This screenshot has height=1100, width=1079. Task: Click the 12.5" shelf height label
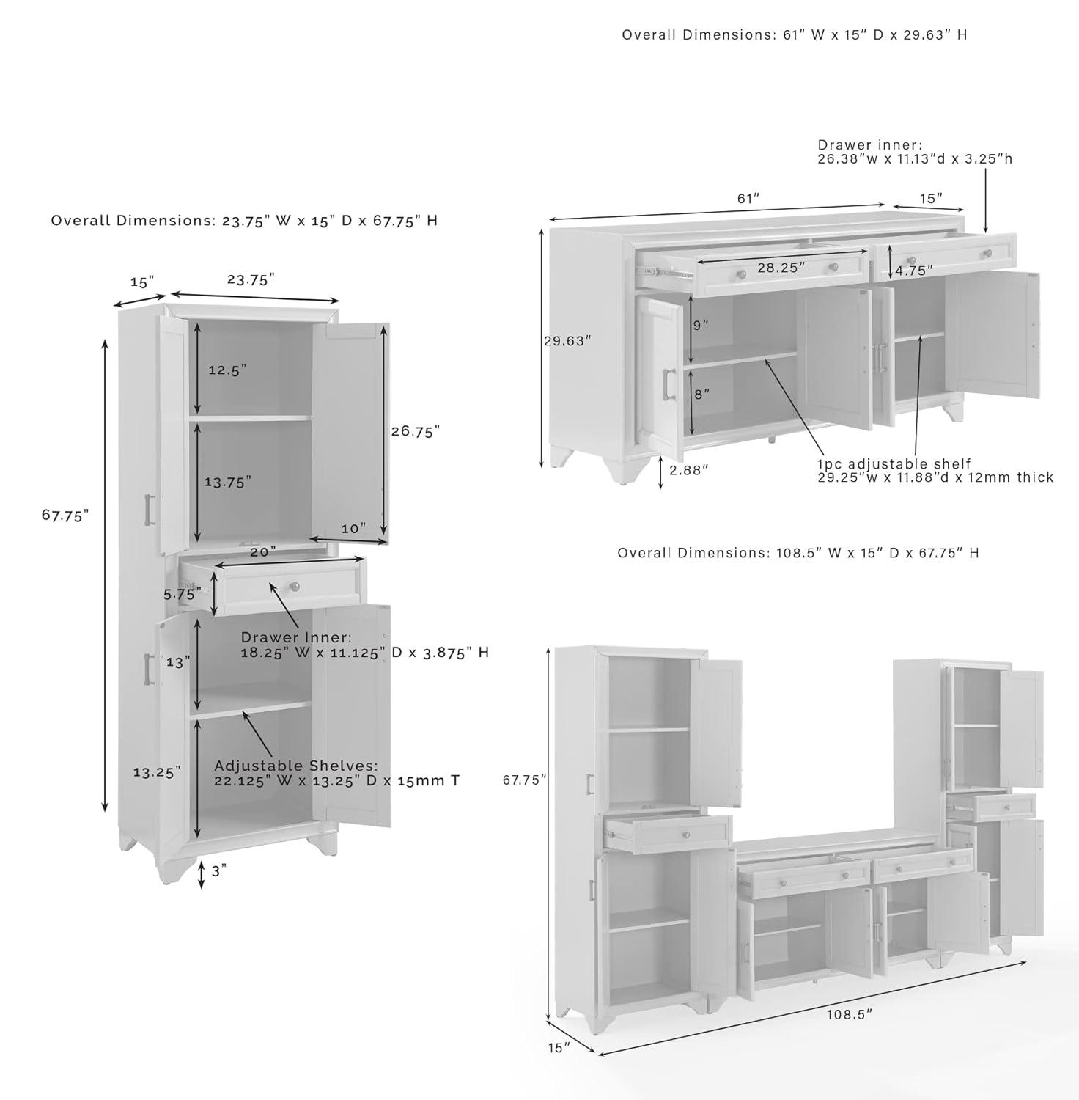pyautogui.click(x=227, y=370)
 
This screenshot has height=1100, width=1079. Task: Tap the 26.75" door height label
pyautogui.click(x=415, y=431)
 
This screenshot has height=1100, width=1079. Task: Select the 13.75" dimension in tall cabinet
pyautogui.click(x=227, y=482)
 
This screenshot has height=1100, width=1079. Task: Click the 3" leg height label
pyautogui.click(x=219, y=870)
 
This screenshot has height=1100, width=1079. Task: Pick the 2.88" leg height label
pyautogui.click(x=689, y=470)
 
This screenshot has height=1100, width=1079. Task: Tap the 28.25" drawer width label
pyautogui.click(x=781, y=268)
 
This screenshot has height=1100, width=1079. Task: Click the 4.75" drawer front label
pyautogui.click(x=913, y=271)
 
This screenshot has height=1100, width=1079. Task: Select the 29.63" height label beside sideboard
pyautogui.click(x=567, y=341)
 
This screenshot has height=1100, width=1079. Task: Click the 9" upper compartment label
pyautogui.click(x=701, y=324)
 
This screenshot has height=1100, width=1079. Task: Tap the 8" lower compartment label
pyautogui.click(x=701, y=395)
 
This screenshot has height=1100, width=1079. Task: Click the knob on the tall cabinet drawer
pyautogui.click(x=295, y=586)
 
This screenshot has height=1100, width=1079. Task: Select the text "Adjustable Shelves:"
pyautogui.click(x=295, y=766)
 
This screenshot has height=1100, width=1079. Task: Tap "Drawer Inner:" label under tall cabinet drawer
pyautogui.click(x=296, y=638)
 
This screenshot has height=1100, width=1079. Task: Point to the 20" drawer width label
pyautogui.click(x=262, y=551)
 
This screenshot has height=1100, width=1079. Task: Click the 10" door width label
pyautogui.click(x=353, y=528)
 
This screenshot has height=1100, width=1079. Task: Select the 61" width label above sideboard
pyautogui.click(x=748, y=199)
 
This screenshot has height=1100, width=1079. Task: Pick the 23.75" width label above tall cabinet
pyautogui.click(x=251, y=279)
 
